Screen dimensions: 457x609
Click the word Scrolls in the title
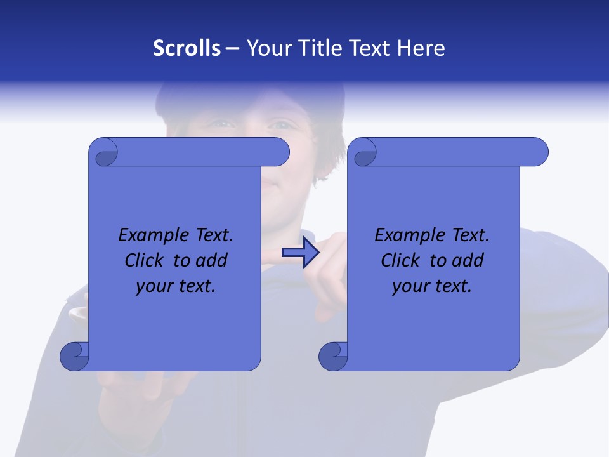click(x=187, y=48)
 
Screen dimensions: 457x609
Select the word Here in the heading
click(x=421, y=48)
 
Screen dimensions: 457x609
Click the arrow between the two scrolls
click(x=300, y=253)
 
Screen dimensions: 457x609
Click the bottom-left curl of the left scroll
click(x=75, y=356)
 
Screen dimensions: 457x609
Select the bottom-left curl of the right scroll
click(x=334, y=356)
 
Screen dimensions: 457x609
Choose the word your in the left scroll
click(x=152, y=286)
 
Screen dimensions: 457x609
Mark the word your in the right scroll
click(x=409, y=286)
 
